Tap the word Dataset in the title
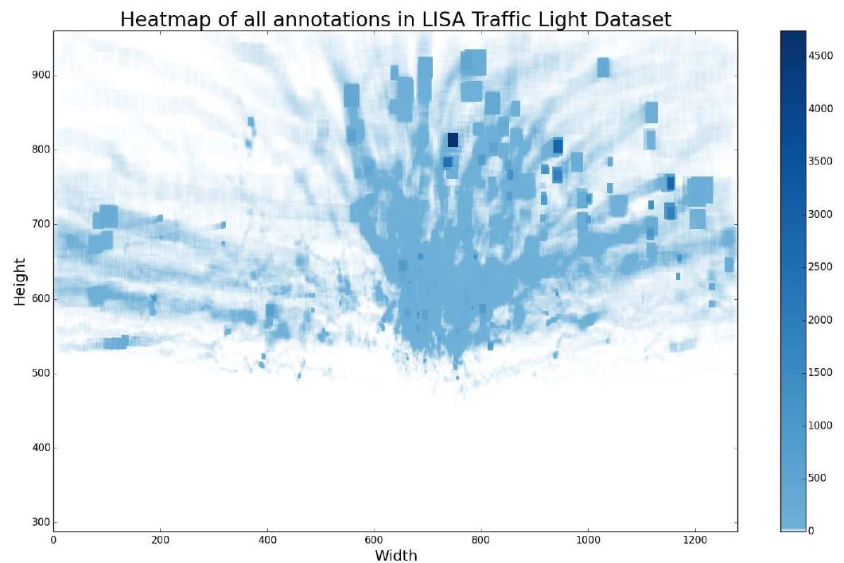[632, 20]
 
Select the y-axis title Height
[20, 281]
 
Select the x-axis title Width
[395, 554]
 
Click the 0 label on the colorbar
[811, 531]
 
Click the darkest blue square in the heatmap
[453, 140]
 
